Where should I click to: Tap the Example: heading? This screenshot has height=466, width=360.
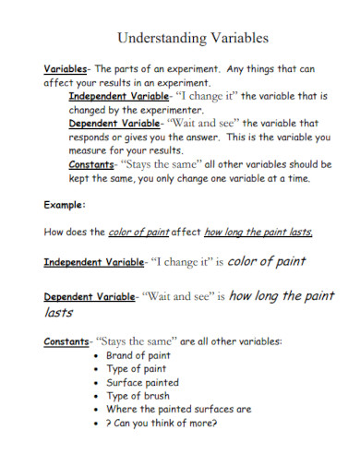(66, 204)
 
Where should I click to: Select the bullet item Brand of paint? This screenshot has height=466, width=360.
(138, 355)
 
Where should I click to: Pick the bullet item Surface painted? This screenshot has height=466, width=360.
(143, 382)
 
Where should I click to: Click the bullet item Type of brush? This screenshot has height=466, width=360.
(138, 396)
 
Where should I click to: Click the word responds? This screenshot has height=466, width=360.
(90, 136)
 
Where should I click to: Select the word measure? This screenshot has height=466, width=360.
(90, 149)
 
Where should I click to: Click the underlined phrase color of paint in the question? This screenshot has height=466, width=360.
(139, 233)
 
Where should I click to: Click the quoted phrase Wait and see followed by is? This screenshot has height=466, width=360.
(176, 297)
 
